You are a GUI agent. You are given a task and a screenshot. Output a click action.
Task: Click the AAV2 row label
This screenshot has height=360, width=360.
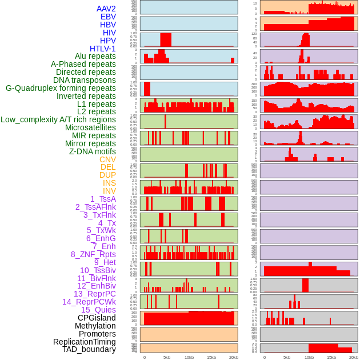[x=106, y=9]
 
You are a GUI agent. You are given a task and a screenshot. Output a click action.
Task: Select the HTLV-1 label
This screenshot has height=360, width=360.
[x=102, y=49]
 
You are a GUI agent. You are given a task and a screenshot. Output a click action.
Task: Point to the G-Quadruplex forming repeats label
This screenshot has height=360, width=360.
[x=61, y=88]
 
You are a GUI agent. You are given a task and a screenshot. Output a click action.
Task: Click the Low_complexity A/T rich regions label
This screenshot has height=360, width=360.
[x=58, y=119]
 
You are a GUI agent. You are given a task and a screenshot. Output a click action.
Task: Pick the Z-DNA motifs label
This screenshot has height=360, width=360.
[x=93, y=151]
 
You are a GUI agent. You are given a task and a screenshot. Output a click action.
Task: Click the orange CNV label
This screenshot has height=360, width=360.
[x=107, y=159]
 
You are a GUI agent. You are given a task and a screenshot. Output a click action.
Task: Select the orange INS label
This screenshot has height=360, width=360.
[x=109, y=183]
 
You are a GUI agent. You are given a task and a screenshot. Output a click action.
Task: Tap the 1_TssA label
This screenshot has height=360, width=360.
[x=103, y=199]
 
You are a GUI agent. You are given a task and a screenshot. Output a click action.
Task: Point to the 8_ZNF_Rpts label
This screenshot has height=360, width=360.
[x=93, y=254]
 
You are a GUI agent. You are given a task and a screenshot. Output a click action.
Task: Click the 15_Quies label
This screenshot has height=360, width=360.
[x=98, y=310]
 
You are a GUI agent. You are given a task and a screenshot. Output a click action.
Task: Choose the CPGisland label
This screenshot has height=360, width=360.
[x=97, y=318]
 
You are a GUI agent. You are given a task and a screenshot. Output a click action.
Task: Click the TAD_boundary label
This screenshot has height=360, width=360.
[x=89, y=349]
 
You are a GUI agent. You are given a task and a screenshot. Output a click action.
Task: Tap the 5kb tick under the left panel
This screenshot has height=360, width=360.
[x=167, y=357]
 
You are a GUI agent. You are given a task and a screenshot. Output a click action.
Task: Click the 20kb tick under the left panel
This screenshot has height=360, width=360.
[x=234, y=357]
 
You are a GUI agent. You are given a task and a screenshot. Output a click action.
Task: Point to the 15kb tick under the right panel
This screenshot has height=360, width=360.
[x=331, y=357]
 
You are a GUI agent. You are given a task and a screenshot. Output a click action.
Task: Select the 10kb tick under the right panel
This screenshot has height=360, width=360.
[x=309, y=357]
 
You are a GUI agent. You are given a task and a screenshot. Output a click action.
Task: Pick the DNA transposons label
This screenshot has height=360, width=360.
[x=85, y=80]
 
